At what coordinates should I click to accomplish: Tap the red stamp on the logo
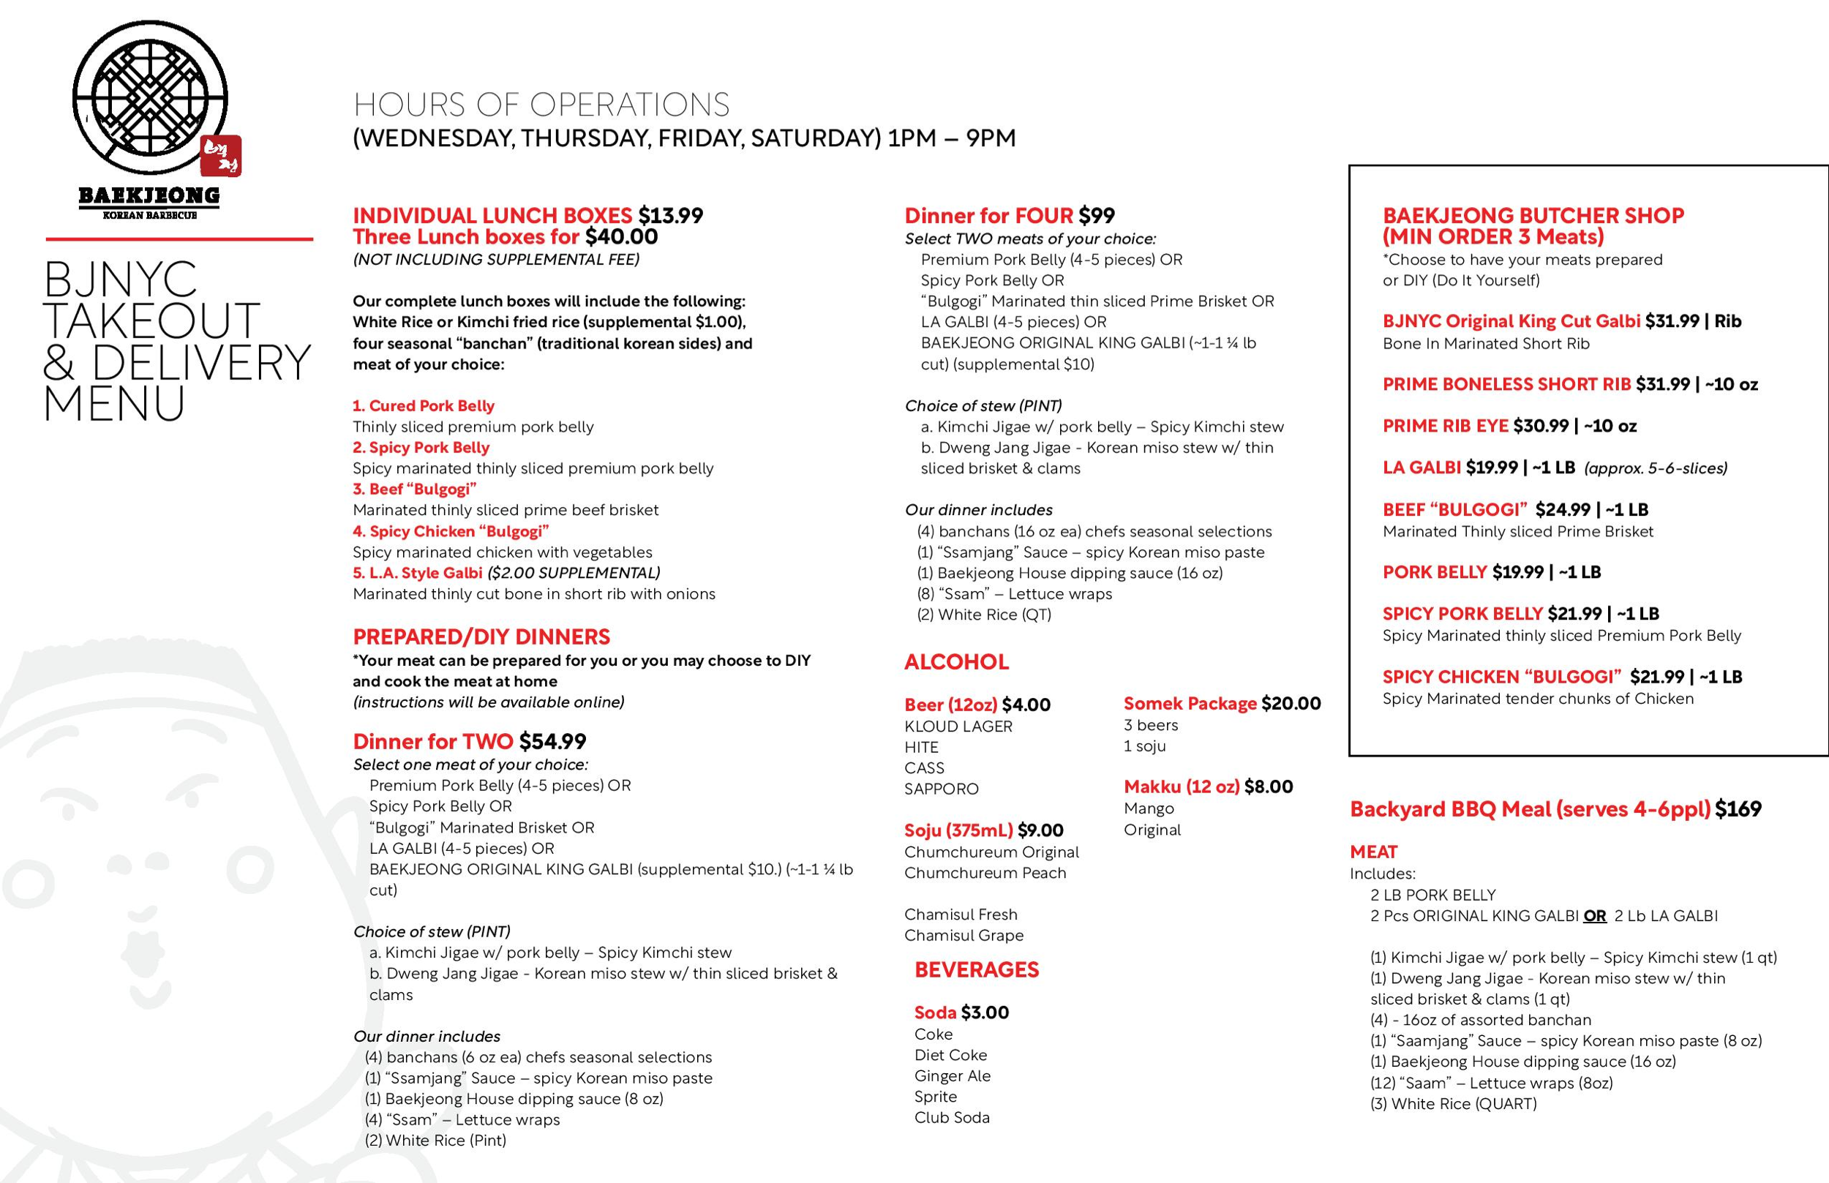point(221,157)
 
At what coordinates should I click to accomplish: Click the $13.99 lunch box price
point(670,216)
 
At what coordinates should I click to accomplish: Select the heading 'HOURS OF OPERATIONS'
point(541,105)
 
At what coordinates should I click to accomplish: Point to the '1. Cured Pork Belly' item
point(424,405)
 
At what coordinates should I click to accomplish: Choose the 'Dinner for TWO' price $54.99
point(552,741)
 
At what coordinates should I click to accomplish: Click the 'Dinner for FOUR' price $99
point(1096,216)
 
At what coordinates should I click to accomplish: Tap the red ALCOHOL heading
point(956,662)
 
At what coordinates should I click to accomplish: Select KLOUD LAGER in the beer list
point(958,726)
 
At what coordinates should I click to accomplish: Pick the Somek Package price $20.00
point(1291,704)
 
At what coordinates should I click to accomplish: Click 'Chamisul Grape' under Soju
point(964,935)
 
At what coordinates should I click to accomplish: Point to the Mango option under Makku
point(1149,808)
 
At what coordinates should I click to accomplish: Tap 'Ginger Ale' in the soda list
point(952,1075)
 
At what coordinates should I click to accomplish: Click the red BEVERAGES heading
point(977,969)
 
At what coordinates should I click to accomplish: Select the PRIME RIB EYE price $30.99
point(1540,426)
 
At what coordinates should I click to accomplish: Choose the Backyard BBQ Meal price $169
point(1738,809)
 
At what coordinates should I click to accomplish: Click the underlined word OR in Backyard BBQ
point(1595,916)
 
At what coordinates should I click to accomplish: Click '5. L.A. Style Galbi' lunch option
point(417,573)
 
